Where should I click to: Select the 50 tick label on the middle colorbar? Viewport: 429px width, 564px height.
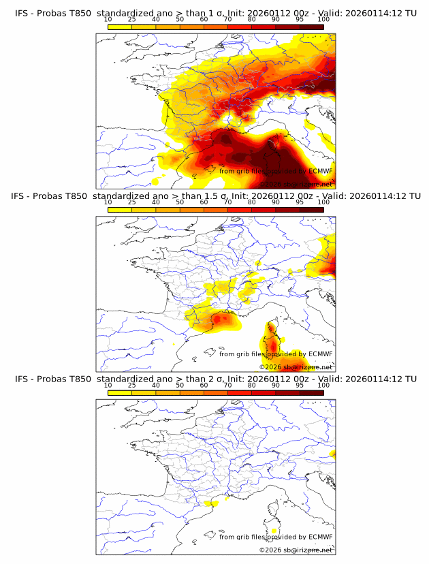[x=180, y=202]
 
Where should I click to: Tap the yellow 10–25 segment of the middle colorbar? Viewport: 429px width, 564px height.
[x=120, y=210]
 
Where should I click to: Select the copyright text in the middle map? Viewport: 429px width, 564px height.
[x=296, y=367]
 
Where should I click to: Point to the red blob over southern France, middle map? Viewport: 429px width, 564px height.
[x=223, y=318]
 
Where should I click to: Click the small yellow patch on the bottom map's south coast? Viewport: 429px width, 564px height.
[x=212, y=504]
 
